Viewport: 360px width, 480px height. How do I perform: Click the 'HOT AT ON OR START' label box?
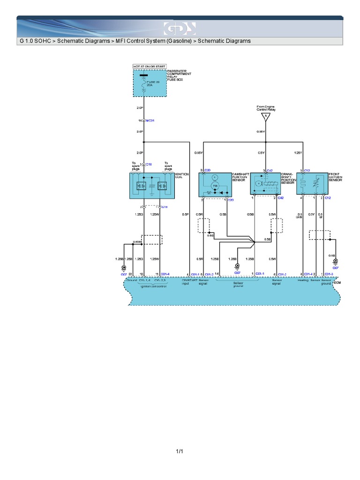tap(150, 67)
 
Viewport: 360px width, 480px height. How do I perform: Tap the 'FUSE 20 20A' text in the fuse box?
tap(150, 84)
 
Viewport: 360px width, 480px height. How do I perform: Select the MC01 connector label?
tap(150, 120)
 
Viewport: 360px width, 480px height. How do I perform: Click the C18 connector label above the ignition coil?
tap(149, 165)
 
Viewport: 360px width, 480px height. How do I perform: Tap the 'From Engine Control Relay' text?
tap(266, 108)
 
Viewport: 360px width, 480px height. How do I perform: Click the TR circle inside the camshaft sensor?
tap(216, 186)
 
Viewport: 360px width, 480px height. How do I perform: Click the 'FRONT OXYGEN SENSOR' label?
tap(336, 177)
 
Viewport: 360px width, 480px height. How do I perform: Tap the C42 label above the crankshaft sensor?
tap(270, 170)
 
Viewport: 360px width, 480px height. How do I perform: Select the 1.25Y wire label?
tap(298, 153)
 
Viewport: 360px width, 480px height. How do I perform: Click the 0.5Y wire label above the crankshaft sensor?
tap(261, 153)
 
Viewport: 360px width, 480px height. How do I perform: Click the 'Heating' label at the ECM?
tap(303, 281)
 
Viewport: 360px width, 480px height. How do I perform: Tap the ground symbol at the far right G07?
tap(335, 262)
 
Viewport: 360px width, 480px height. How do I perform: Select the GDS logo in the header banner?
tap(180, 29)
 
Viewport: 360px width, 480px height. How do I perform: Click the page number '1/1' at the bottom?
tap(180, 451)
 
